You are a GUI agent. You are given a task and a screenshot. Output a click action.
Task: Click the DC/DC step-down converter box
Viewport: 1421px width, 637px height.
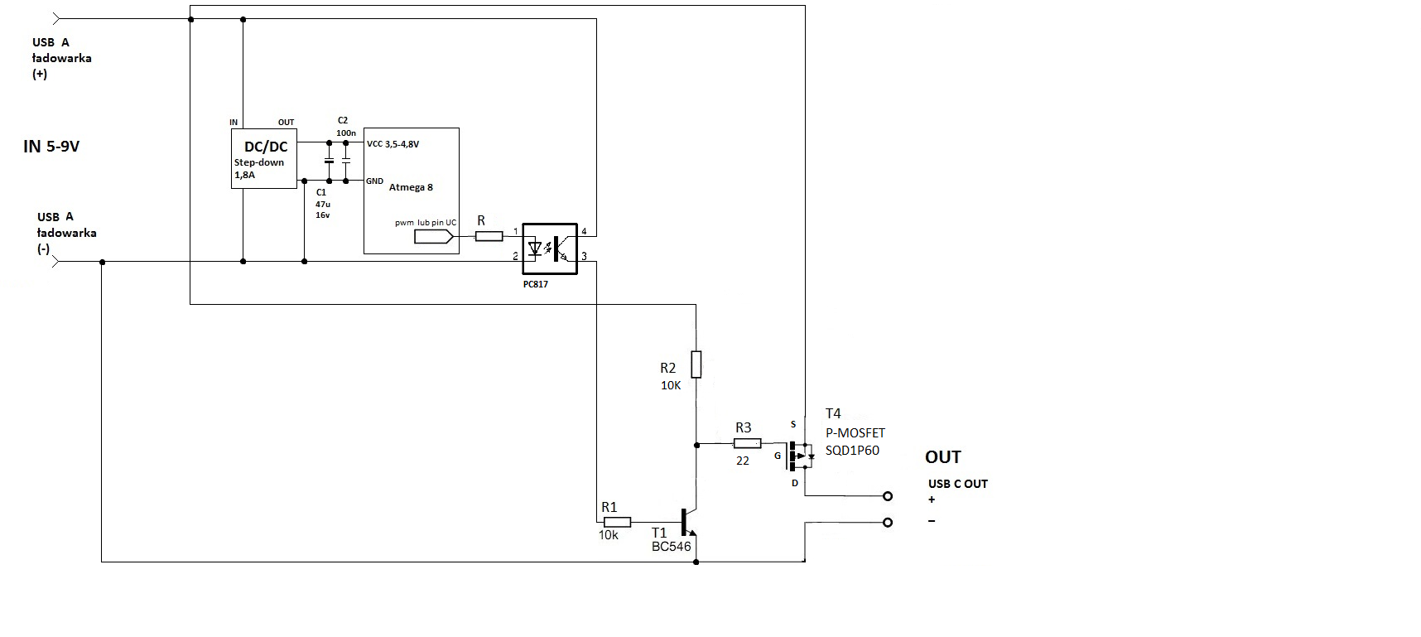[x=263, y=158]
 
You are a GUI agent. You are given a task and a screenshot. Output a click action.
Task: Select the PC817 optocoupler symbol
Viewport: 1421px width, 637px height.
[x=550, y=248]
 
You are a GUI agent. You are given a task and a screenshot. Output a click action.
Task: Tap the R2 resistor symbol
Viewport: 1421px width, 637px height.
[x=696, y=364]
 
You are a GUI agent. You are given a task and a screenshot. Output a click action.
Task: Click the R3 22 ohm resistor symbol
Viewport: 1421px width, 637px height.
[x=747, y=444]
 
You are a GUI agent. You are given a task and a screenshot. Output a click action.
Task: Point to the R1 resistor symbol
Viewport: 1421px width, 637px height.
[x=617, y=522]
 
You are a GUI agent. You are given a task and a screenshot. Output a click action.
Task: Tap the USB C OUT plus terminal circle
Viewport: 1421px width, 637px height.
[x=888, y=496]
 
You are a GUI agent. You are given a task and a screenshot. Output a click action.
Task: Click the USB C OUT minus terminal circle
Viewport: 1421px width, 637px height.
[x=888, y=523]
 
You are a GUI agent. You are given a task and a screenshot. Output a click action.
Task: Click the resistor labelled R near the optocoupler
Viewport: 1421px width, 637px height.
[x=489, y=236]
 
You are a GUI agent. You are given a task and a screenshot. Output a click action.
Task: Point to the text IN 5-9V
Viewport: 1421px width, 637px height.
[x=51, y=147]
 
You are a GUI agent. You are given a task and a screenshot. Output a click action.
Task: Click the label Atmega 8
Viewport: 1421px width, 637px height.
[x=411, y=187]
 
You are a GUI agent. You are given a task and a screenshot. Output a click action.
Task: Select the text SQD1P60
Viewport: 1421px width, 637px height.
[x=852, y=451]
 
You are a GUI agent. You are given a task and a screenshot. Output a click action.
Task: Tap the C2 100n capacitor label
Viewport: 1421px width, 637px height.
[x=345, y=127]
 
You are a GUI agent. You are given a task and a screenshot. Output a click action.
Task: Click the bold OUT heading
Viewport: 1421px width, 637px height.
[x=942, y=457]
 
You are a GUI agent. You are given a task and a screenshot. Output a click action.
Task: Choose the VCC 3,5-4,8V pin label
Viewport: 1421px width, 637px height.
[x=393, y=144]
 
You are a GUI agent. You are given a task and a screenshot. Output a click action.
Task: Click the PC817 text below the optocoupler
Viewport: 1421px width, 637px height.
[x=536, y=284]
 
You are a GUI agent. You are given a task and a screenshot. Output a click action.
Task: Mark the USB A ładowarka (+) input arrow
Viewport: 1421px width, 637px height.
[x=56, y=18]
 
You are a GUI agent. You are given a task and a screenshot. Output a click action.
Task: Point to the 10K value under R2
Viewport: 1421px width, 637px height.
[x=671, y=385]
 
